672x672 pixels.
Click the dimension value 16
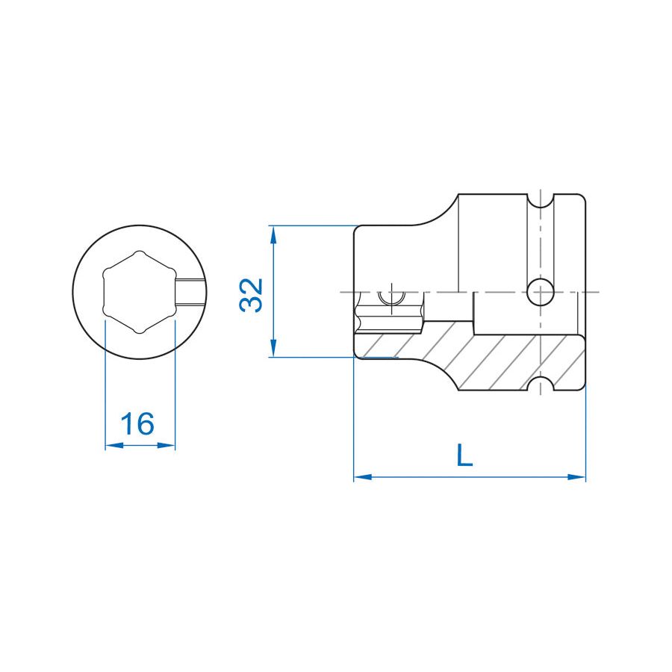point(139,423)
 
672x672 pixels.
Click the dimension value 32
point(252,294)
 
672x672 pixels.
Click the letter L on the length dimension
point(464,455)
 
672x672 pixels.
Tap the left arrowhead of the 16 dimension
point(111,446)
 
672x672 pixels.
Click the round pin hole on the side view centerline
point(540,292)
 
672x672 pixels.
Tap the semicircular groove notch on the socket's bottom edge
point(540,384)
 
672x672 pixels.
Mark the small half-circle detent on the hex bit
point(389,299)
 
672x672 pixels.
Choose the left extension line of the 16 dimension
point(105,388)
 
